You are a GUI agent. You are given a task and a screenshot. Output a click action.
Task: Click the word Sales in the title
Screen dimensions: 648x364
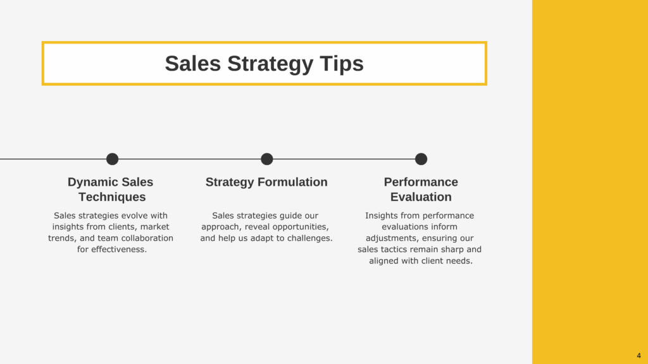click(192, 64)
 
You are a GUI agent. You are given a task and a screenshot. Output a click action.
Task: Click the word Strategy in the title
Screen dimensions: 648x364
click(270, 64)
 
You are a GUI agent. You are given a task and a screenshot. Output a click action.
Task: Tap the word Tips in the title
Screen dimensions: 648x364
click(342, 64)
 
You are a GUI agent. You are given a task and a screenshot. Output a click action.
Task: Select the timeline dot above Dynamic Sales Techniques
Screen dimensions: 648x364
click(113, 159)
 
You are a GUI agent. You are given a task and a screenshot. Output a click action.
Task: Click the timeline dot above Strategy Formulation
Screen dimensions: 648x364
click(267, 159)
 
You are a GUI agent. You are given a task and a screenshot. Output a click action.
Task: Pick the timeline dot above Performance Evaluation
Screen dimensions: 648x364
click(421, 159)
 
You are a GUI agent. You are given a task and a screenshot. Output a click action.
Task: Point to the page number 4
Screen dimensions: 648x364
click(639, 356)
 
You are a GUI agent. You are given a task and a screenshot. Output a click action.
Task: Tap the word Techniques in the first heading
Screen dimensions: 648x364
click(113, 197)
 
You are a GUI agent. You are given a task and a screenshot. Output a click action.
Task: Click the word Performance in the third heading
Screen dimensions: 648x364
click(421, 182)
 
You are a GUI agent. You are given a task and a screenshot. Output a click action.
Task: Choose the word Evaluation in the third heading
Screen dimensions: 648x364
click(421, 197)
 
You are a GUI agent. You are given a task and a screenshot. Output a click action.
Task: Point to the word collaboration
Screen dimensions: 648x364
click(147, 238)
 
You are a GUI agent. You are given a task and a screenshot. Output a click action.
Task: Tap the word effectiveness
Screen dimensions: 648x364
click(119, 249)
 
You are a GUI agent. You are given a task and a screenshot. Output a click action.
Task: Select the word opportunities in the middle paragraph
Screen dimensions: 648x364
click(302, 227)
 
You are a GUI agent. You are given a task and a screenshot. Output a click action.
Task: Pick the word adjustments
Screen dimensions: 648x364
click(391, 238)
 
